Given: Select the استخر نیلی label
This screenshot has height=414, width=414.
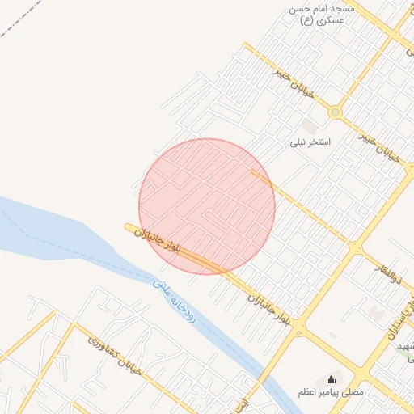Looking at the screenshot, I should click(311, 142).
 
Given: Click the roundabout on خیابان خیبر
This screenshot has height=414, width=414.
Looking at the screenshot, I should click(335, 113).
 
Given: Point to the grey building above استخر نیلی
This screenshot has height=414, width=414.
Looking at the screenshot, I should click(310, 126).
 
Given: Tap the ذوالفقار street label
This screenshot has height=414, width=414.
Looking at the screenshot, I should click(389, 270).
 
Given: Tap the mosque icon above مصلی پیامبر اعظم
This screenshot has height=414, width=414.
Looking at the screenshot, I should click(330, 379).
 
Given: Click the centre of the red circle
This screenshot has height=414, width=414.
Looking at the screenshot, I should click(207, 206).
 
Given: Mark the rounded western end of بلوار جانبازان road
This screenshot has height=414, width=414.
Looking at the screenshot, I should click(129, 228).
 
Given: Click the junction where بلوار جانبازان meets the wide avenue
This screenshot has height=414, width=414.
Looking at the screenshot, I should click(299, 329).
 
